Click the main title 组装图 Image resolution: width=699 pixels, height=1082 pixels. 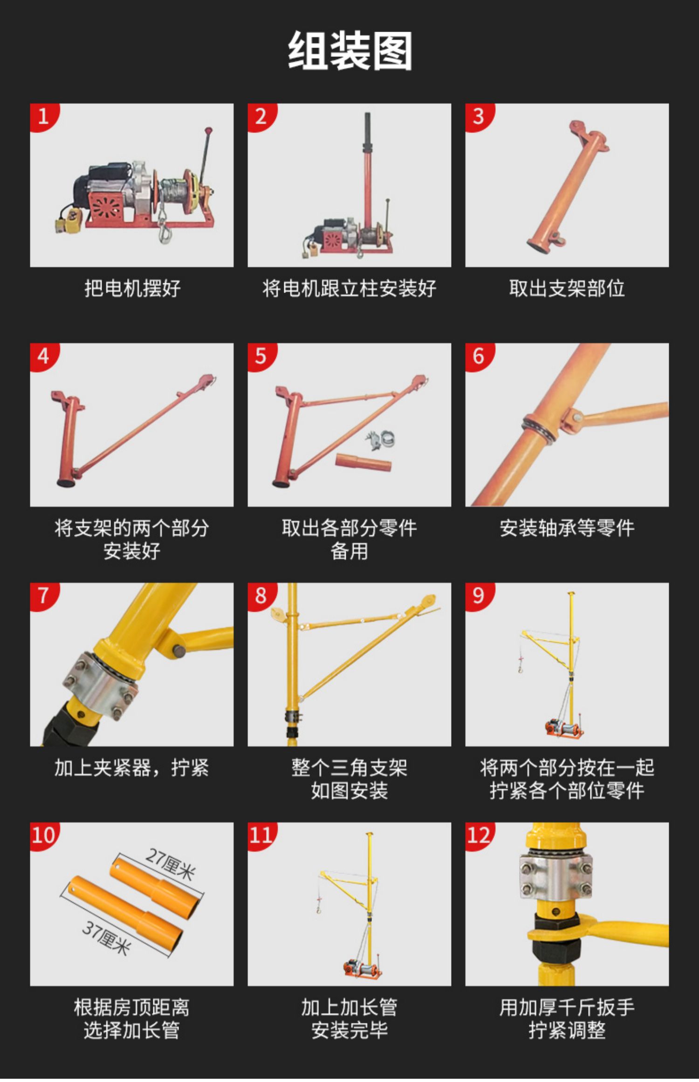coord(349,51)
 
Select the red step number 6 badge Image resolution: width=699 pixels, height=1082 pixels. coord(478,356)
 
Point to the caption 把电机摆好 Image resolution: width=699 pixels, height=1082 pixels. coord(132,288)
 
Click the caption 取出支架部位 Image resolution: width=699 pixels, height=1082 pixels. coord(567,288)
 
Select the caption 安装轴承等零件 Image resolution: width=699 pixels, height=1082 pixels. coord(567,528)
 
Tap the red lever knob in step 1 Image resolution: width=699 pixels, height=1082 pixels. coord(208,130)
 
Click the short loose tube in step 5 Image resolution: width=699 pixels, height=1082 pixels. coord(363,461)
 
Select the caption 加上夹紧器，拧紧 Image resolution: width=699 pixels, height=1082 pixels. coord(132,767)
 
